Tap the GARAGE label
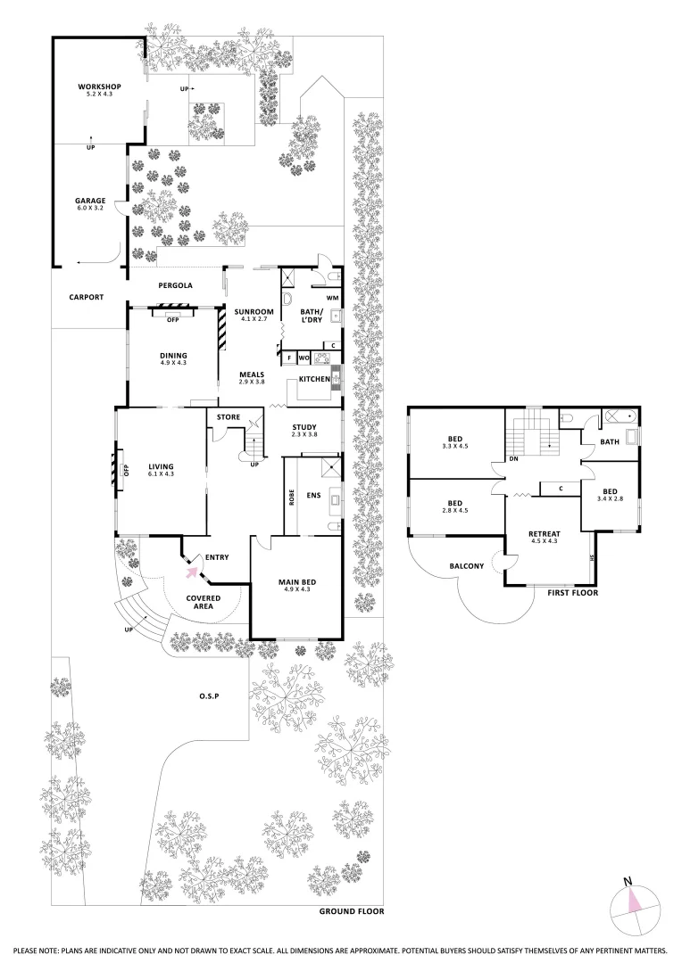(x=90, y=201)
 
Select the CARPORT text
(x=87, y=298)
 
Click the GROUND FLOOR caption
(x=352, y=912)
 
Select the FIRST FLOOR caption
(x=572, y=592)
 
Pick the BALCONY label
(x=466, y=565)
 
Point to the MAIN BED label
(x=295, y=583)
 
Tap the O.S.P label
(x=210, y=695)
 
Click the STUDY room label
(x=304, y=426)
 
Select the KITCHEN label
(x=314, y=379)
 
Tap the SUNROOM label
(x=254, y=311)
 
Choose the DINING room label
(x=174, y=355)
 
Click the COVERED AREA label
(x=204, y=602)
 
